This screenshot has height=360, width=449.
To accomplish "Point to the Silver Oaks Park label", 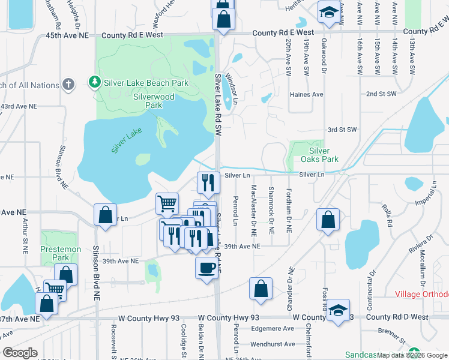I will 324,155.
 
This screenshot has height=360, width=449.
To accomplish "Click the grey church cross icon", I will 68,84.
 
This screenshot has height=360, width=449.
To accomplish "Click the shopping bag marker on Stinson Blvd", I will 105,215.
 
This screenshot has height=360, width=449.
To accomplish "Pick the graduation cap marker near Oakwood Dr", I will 328,13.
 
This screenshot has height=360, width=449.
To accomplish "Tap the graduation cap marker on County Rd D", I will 339,311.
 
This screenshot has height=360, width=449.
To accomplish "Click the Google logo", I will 20,353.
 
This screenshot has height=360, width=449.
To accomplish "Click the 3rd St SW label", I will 342,130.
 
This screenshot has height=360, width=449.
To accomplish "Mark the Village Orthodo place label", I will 421,295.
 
